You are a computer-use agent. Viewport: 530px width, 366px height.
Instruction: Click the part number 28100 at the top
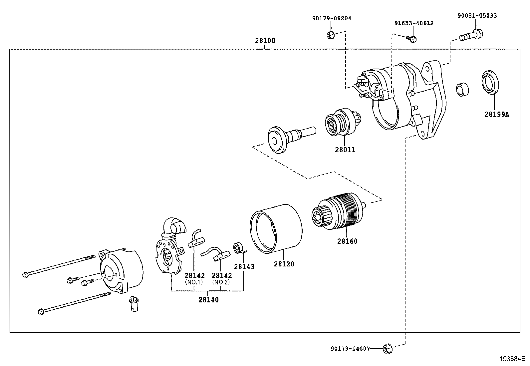click(265, 41)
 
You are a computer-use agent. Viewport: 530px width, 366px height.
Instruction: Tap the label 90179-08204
click(331, 19)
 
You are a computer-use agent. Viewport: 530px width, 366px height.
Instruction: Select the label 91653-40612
click(414, 23)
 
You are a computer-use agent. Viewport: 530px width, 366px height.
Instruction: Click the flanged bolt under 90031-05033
click(471, 35)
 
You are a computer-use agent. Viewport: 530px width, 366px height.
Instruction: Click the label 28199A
click(497, 115)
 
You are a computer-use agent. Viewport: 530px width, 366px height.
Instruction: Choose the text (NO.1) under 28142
click(194, 282)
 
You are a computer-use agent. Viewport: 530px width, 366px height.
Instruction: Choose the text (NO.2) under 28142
click(221, 282)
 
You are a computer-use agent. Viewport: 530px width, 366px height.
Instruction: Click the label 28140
click(208, 300)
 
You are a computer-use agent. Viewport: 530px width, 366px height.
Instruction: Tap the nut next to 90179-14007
click(387, 349)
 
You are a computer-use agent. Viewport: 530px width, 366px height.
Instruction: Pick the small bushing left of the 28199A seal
click(462, 89)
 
